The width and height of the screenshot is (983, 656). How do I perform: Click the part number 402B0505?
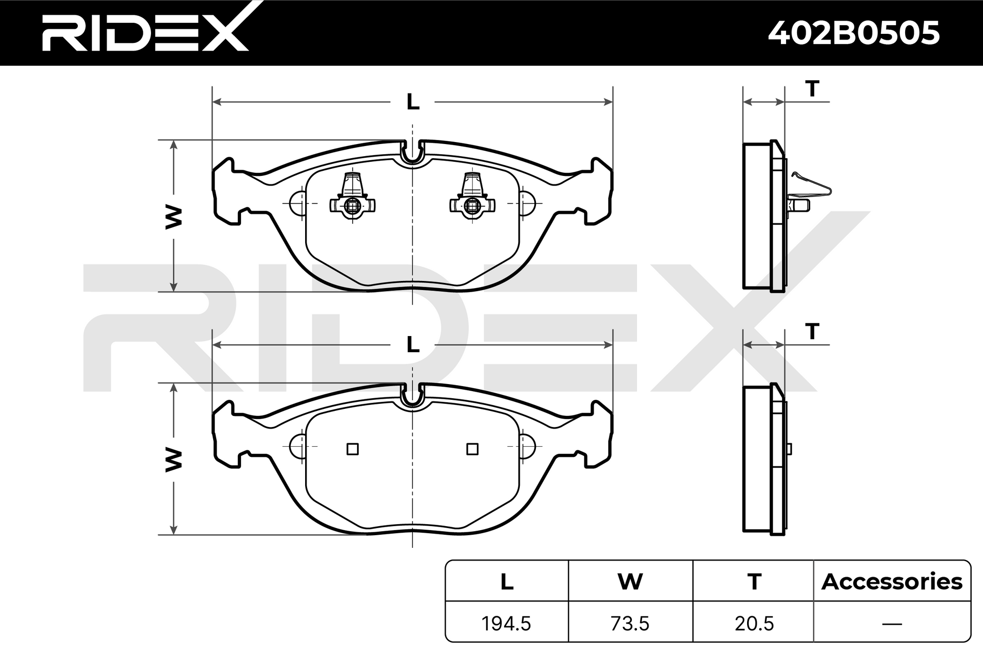(x=854, y=33)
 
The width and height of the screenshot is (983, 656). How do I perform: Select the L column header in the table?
(x=507, y=582)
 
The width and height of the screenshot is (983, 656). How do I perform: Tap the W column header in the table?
(x=630, y=582)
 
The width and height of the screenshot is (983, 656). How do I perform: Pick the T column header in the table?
(x=754, y=582)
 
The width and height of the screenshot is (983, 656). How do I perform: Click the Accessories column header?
(x=892, y=582)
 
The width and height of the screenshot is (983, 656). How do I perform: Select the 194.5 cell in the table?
(x=506, y=624)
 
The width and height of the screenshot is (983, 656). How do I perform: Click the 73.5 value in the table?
(x=630, y=624)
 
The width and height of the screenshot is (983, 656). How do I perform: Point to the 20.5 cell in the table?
(x=754, y=624)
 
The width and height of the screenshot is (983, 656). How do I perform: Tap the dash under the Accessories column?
(x=892, y=624)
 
